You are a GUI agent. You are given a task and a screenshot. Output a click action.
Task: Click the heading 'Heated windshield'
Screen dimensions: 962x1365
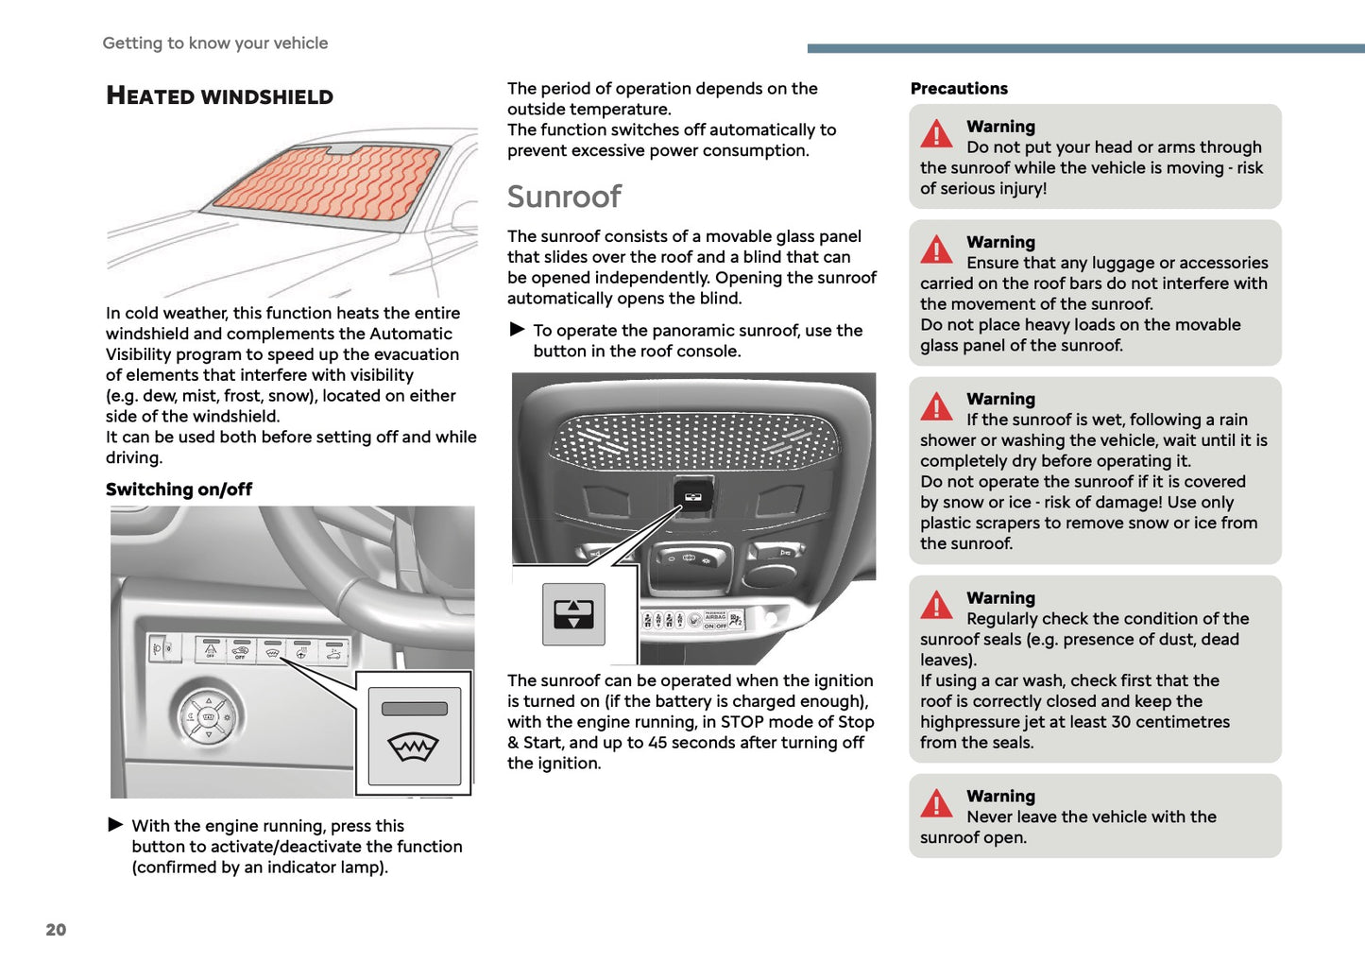tap(219, 95)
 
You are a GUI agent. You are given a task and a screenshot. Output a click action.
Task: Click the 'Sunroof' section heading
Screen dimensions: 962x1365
tap(564, 197)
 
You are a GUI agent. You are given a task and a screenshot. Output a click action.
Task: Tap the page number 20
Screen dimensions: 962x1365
tap(56, 929)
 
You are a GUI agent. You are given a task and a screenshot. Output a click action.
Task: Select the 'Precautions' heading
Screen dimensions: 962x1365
tap(959, 88)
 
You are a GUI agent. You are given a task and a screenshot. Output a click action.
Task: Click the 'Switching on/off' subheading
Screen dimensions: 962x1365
tap(179, 489)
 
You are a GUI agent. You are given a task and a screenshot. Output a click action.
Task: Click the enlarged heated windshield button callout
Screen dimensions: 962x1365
tap(414, 734)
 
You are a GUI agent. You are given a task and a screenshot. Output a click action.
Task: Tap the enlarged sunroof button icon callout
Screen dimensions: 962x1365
tap(573, 614)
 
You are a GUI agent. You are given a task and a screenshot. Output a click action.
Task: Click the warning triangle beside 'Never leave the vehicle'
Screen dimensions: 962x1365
tap(936, 804)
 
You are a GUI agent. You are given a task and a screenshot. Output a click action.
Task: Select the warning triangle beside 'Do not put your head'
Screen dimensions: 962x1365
tap(936, 134)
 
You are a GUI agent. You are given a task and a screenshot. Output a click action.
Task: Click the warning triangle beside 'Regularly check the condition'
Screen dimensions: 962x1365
tap(936, 606)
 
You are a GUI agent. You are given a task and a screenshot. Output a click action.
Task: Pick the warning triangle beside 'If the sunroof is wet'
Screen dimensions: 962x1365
tap(936, 407)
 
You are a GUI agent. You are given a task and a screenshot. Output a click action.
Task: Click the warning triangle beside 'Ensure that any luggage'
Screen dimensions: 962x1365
tap(936, 250)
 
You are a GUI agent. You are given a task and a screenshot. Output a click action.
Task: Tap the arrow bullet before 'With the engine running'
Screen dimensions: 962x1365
tap(115, 825)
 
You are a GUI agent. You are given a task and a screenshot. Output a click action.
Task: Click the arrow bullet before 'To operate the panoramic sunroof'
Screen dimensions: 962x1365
tap(517, 330)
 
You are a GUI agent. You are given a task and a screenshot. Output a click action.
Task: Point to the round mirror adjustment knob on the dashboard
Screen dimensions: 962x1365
tap(209, 716)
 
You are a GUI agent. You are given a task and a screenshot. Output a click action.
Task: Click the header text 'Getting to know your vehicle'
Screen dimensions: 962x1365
tap(215, 43)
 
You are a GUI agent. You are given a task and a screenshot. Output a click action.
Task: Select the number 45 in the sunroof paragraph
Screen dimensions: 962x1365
tap(657, 742)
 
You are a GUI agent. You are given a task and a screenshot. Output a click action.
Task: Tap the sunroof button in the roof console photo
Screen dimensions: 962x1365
tap(692, 496)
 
